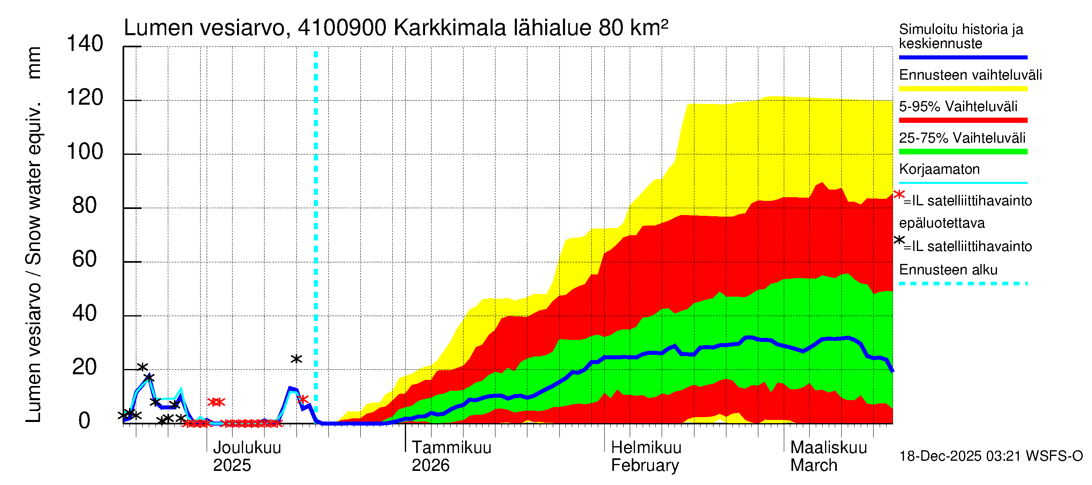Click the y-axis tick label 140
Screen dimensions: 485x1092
pyautogui.click(x=85, y=44)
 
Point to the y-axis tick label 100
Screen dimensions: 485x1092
pyautogui.click(x=85, y=152)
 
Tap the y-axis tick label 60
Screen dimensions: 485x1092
pyautogui.click(x=85, y=259)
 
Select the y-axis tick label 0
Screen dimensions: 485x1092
pyautogui.click(x=85, y=421)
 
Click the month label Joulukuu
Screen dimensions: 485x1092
pyautogui.click(x=247, y=448)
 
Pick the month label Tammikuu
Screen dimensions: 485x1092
pyautogui.click(x=451, y=448)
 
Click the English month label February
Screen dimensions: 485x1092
pyautogui.click(x=645, y=466)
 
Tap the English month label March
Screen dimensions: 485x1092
pyautogui.click(x=813, y=466)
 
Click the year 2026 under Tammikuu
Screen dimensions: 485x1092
pyautogui.click(x=430, y=466)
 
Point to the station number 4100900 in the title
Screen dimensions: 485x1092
pyautogui.click(x=342, y=28)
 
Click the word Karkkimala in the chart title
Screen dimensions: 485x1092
pyautogui.click(x=450, y=28)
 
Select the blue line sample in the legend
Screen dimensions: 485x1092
pyautogui.click(x=963, y=57)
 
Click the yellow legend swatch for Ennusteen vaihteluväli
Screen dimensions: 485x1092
pyautogui.click(x=963, y=89)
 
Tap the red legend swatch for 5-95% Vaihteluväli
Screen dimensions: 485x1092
pyautogui.click(x=963, y=120)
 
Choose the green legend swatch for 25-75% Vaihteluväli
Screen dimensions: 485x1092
pyautogui.click(x=963, y=152)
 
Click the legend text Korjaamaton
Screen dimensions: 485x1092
pyautogui.click(x=939, y=169)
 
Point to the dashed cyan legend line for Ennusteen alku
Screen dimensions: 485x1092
pyautogui.click(x=963, y=283)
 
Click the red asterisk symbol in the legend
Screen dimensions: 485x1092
pyautogui.click(x=899, y=195)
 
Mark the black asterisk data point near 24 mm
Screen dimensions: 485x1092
pyautogui.click(x=296, y=359)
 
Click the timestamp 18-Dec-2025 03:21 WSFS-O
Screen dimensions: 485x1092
pyautogui.click(x=990, y=456)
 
